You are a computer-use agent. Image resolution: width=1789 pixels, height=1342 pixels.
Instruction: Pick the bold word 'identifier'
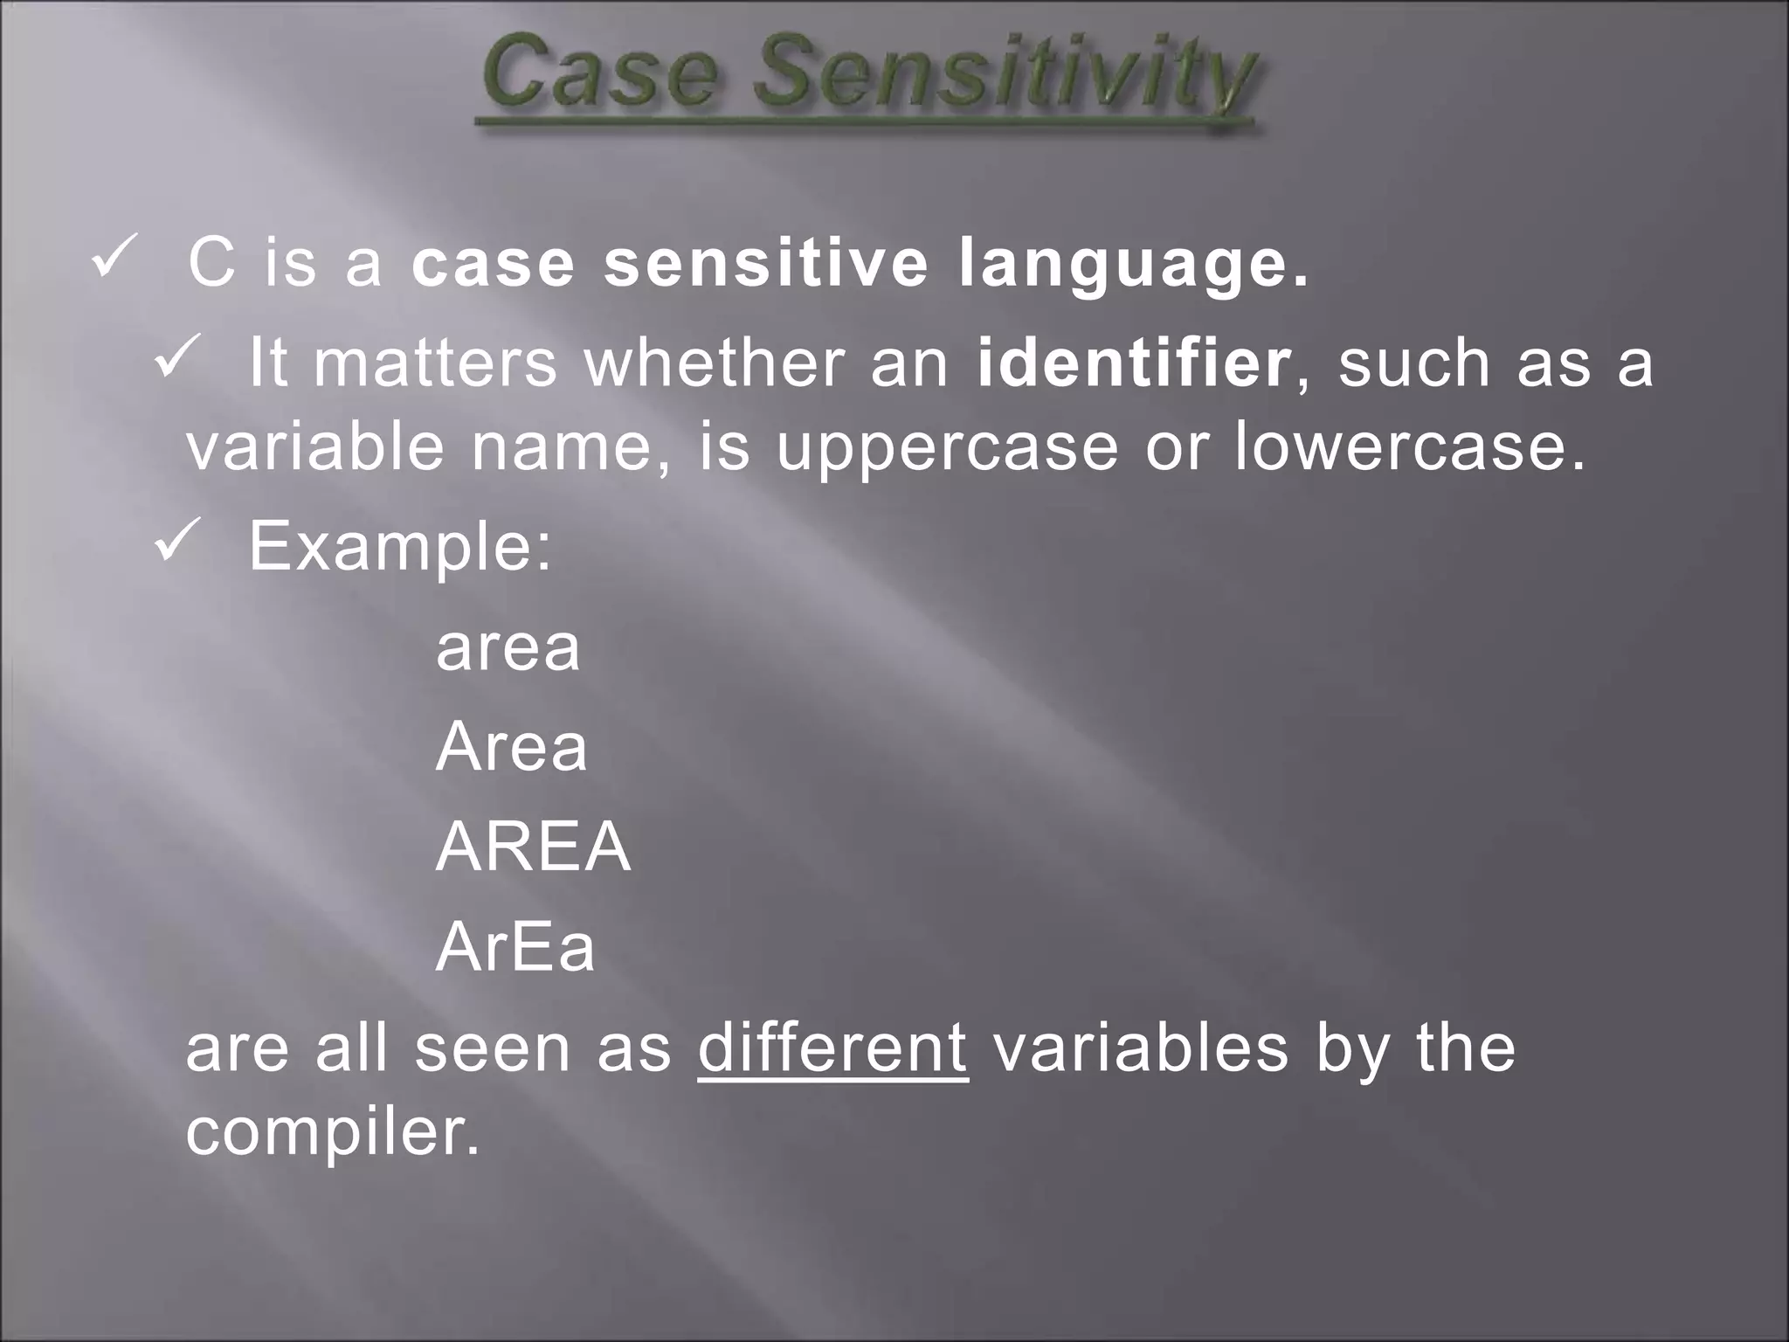1134,363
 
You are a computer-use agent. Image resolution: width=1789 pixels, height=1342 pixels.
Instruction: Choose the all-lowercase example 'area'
508,648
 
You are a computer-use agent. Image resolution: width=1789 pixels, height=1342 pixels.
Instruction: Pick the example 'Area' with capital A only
511,748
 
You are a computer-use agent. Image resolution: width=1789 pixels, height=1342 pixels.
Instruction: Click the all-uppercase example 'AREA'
533,847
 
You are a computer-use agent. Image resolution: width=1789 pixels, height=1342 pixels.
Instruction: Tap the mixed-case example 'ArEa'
515,947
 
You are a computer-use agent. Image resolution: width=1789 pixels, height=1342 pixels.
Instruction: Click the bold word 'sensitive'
766,264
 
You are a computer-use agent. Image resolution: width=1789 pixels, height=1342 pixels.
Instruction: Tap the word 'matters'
435,363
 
